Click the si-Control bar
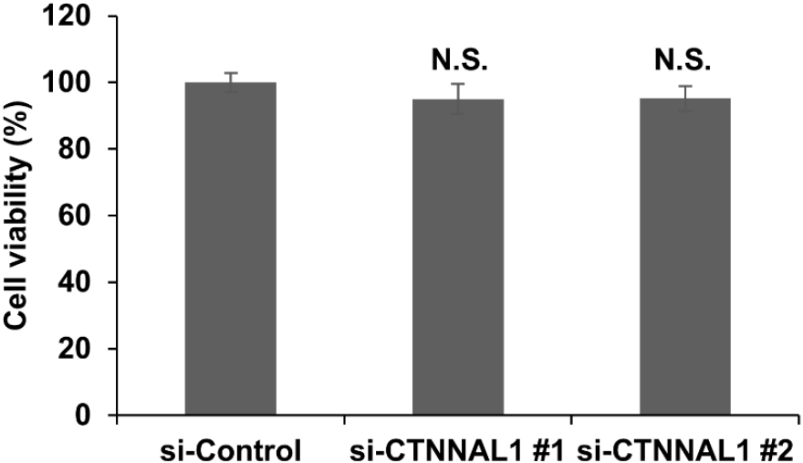click(231, 248)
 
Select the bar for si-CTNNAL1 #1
click(458, 257)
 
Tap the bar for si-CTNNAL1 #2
click(685, 257)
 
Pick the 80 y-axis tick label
click(75, 149)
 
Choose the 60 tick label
click(75, 216)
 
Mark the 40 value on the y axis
click(75, 282)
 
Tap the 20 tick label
click(75, 348)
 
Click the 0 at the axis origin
click(83, 415)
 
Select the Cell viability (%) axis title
click(17, 215)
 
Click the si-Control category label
click(231, 452)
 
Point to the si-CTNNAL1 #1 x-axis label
click(457, 452)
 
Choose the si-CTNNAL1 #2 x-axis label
click(685, 452)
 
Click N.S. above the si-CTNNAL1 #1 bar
click(459, 60)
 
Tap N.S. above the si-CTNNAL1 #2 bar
click(683, 60)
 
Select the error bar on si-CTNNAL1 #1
click(458, 99)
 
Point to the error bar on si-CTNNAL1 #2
click(685, 99)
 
